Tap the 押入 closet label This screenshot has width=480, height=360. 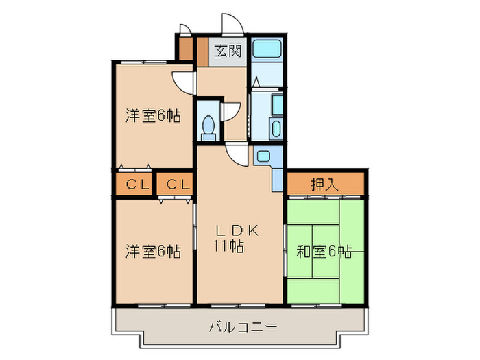point(324,183)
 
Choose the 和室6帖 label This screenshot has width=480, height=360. point(324,252)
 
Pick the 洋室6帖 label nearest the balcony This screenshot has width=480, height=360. point(152,252)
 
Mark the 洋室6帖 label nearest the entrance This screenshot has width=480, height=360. point(152,116)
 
